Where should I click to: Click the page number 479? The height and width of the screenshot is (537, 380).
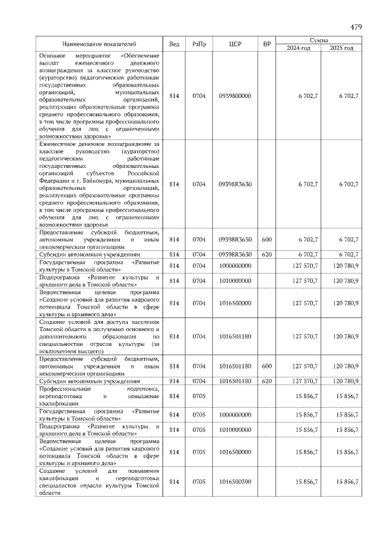356,27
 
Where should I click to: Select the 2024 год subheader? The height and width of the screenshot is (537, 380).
298,48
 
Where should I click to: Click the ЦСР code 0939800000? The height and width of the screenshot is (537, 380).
235,96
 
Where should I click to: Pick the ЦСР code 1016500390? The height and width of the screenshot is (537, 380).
235,482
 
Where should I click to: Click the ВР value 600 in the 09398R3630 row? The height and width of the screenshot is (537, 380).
267,239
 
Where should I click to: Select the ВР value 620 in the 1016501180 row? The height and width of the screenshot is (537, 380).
267,381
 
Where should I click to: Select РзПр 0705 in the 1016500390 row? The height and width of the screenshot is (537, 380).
198,482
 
